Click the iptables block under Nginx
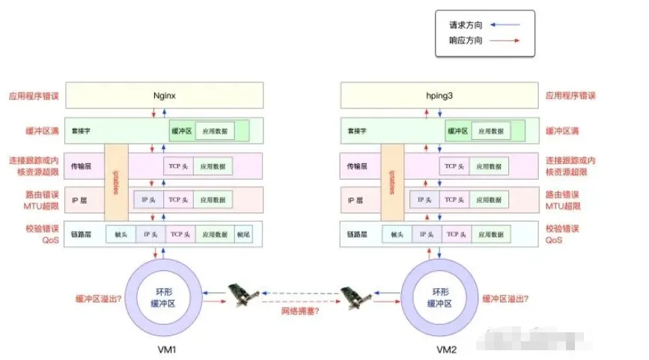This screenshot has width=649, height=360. pos(116,182)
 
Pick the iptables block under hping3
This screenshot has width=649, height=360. pos(391,182)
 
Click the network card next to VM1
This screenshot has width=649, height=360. pos(241,295)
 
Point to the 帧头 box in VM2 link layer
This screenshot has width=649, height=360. pos(397,234)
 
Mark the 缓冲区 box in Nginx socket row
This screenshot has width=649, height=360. pos(182,131)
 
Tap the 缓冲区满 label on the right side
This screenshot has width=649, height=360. pos(564,131)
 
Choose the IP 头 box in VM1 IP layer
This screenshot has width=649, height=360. pos(149,200)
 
